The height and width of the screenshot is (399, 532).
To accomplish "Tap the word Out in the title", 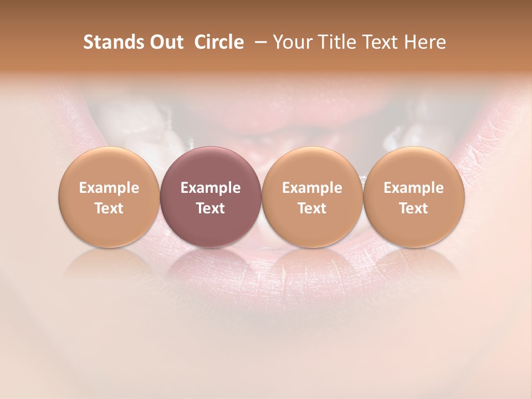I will coord(166,42).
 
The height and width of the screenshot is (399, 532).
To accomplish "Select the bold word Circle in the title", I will coord(218,42).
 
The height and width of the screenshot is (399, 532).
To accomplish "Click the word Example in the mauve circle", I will coord(210,188).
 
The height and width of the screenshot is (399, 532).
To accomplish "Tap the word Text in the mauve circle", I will coord(210,208).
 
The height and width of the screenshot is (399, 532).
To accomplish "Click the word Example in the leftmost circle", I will coord(109,188).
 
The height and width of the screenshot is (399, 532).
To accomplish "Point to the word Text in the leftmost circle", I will coord(109,208).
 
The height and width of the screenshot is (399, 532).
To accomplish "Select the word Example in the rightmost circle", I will coord(413,188).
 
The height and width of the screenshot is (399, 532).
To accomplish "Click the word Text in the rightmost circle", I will coord(413,208).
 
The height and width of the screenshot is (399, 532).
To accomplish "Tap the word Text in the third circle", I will coord(312,208).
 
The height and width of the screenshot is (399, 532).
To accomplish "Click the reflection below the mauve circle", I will coord(210,263).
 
